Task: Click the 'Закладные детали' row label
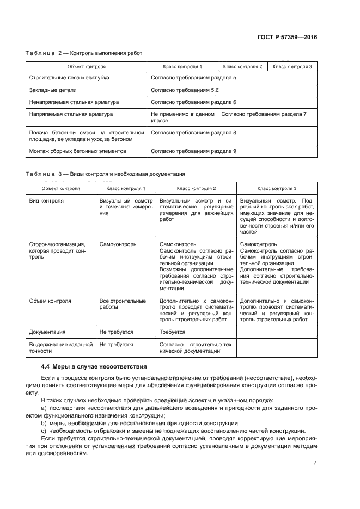(53, 90)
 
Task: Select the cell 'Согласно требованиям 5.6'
(184, 90)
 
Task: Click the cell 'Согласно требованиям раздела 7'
(264, 114)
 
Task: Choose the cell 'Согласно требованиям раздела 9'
(193, 151)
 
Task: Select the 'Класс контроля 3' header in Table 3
(277, 188)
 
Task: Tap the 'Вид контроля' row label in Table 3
(46, 200)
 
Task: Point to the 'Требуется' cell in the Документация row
(172, 332)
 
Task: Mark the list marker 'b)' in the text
(44, 422)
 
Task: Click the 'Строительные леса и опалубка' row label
(69, 78)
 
